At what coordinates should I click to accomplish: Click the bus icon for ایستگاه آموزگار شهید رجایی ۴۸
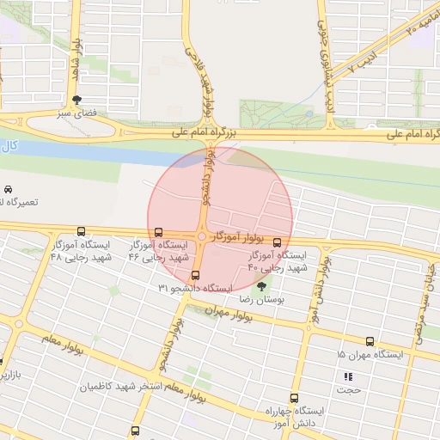(x=82, y=231)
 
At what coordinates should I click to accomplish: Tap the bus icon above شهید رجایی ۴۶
(x=157, y=232)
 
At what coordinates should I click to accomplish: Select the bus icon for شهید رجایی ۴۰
(x=278, y=243)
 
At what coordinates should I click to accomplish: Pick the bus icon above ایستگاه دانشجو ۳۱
(x=196, y=276)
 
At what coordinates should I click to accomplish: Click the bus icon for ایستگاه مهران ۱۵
(x=370, y=341)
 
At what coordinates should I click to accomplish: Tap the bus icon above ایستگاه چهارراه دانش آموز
(x=295, y=399)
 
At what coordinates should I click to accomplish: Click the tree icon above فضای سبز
(x=78, y=100)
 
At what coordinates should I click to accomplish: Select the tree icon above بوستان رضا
(x=261, y=286)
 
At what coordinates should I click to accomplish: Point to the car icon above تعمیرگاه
(x=8, y=189)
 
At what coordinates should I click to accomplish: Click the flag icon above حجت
(x=348, y=376)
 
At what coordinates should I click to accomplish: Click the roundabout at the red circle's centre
(x=201, y=238)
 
